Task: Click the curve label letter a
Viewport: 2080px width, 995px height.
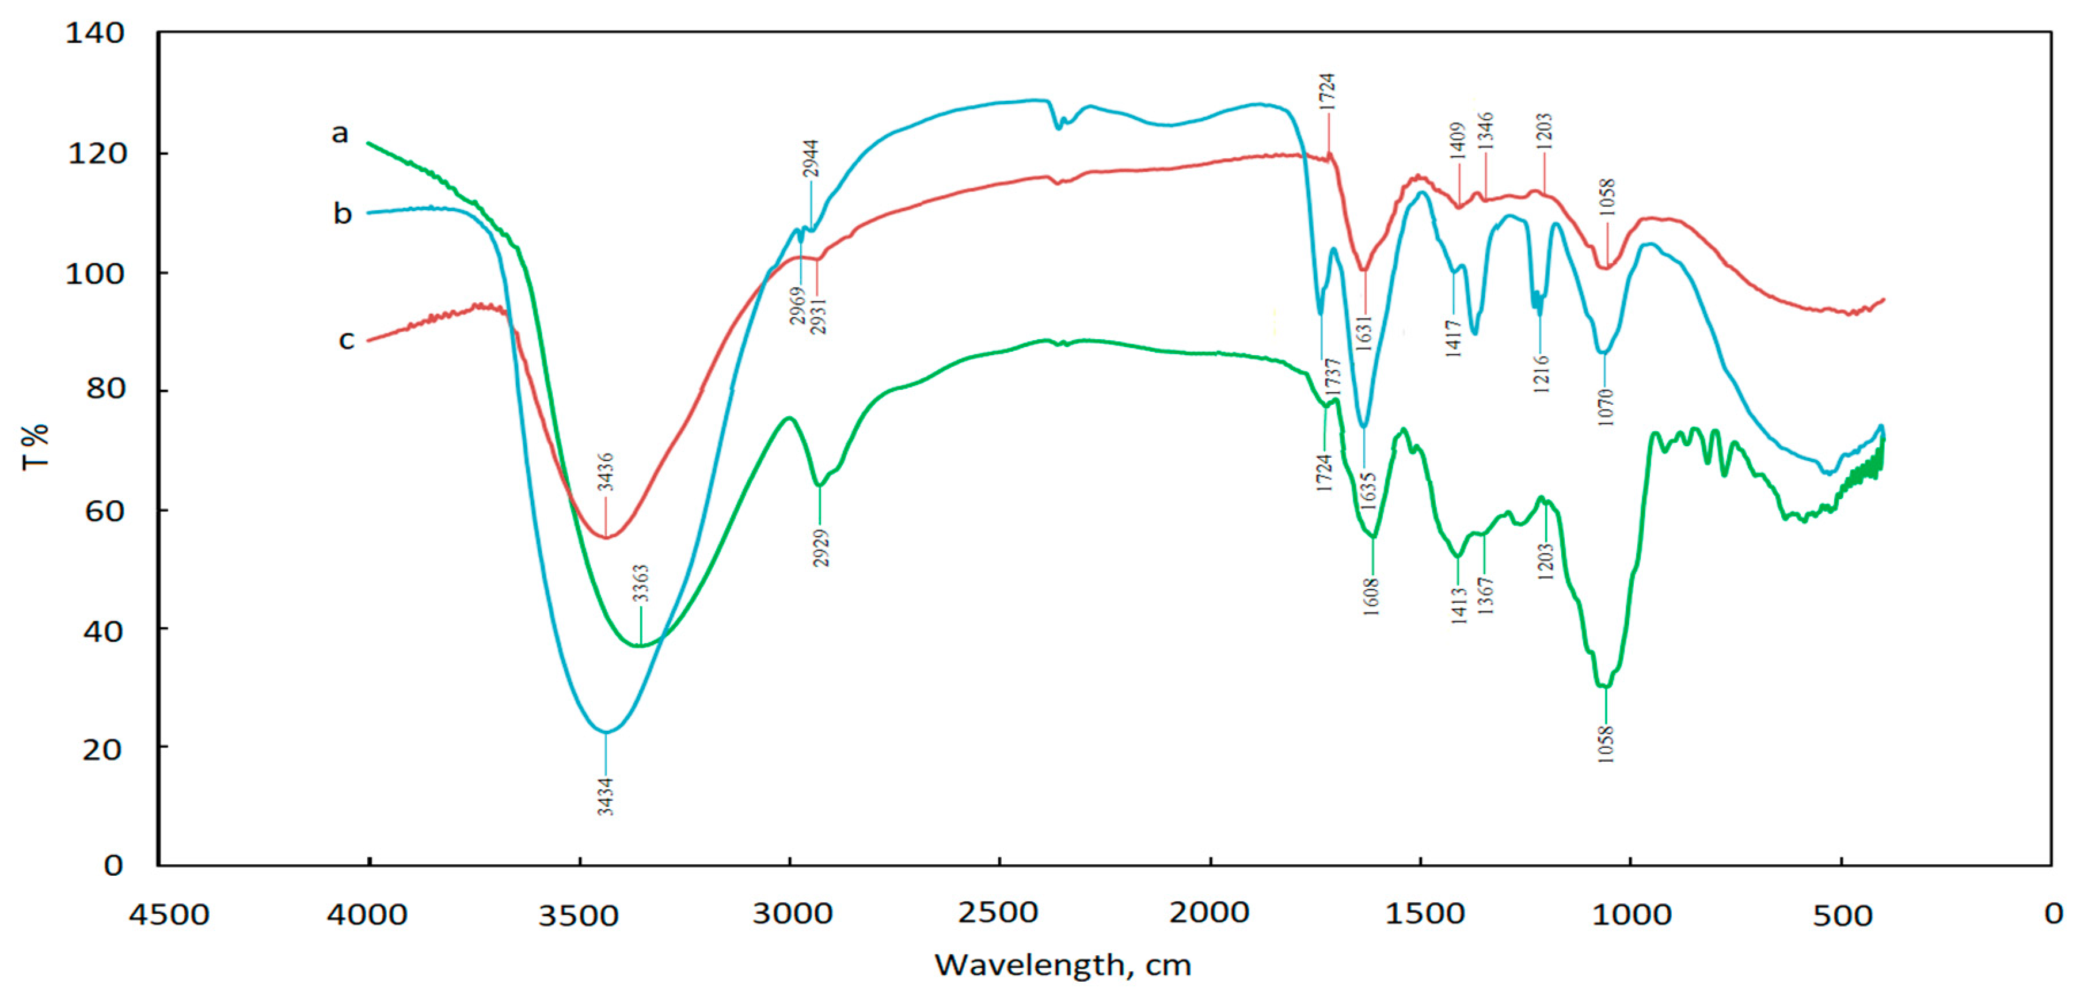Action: [x=340, y=133]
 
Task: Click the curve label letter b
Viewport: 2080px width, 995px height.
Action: [x=343, y=214]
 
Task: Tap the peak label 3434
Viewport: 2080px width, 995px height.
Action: [x=606, y=796]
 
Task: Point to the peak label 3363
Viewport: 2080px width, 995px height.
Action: [x=640, y=583]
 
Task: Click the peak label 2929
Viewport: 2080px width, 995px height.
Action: [x=821, y=548]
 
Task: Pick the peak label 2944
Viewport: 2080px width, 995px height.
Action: [x=811, y=158]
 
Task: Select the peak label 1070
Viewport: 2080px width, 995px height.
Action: [x=1605, y=407]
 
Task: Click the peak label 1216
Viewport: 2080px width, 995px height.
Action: [x=1541, y=373]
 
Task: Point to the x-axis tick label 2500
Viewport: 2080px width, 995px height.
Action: [x=999, y=913]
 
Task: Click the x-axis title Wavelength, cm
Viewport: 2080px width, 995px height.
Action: [x=1063, y=965]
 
